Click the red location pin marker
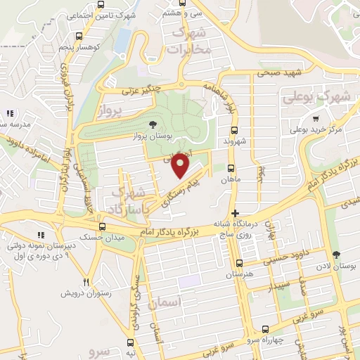point(181,165)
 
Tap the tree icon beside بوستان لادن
point(335,255)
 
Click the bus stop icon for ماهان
point(231,167)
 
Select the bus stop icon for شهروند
point(235,130)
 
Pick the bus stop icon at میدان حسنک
point(103,226)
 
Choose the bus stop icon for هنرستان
point(240,263)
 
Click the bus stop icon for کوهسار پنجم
point(79,35)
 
